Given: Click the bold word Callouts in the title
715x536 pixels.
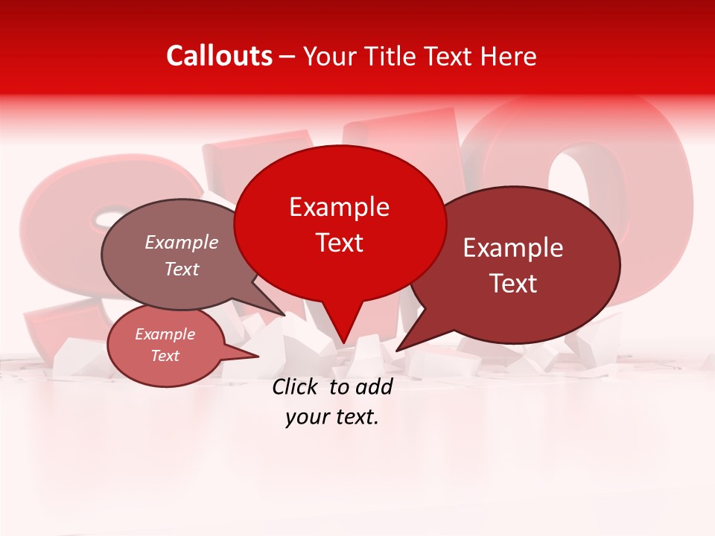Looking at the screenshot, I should (x=219, y=56).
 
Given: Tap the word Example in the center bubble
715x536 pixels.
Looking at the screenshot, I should (x=339, y=207).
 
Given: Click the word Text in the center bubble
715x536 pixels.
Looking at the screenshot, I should (x=339, y=243).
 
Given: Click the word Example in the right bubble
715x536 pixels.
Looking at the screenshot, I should (x=513, y=248).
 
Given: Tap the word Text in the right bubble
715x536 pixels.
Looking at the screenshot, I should (x=513, y=284).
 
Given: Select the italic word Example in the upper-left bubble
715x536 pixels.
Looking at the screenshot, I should (x=182, y=243).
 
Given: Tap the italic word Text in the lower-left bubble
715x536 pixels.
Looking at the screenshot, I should (x=165, y=356).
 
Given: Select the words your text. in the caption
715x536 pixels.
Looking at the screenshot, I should (x=332, y=418).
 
